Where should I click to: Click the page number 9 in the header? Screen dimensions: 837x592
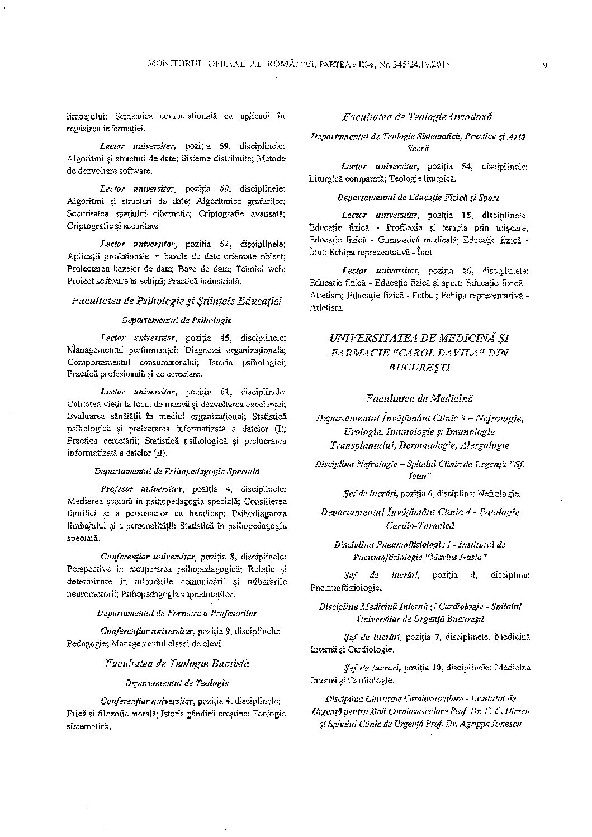click(544, 65)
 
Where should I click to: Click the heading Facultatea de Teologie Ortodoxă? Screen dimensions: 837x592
click(418, 117)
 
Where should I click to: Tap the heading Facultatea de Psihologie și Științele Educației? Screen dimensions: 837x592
click(177, 301)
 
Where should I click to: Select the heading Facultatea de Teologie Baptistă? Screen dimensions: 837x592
click(177, 663)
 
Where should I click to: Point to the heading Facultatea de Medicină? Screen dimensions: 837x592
click(420, 398)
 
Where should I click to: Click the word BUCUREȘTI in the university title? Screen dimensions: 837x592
click(419, 368)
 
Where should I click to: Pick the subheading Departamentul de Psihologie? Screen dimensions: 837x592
click(177, 320)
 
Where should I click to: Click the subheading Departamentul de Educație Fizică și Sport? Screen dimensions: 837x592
click(418, 197)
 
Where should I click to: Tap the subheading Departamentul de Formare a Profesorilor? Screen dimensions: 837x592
click(177, 613)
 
